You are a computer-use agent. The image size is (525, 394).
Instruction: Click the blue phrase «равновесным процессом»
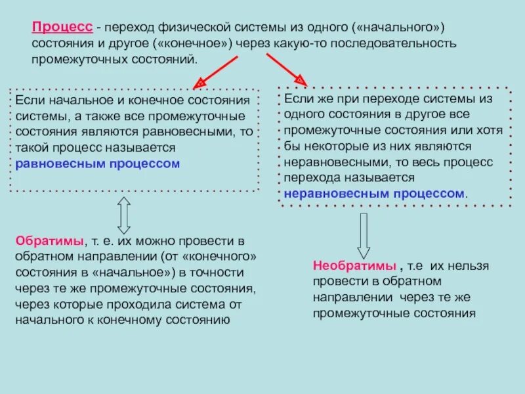[x=97, y=164]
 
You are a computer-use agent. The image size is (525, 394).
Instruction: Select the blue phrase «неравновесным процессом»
[x=373, y=194]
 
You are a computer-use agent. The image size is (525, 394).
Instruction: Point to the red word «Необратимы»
[x=354, y=266]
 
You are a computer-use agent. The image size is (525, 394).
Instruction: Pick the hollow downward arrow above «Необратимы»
[x=363, y=235]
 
